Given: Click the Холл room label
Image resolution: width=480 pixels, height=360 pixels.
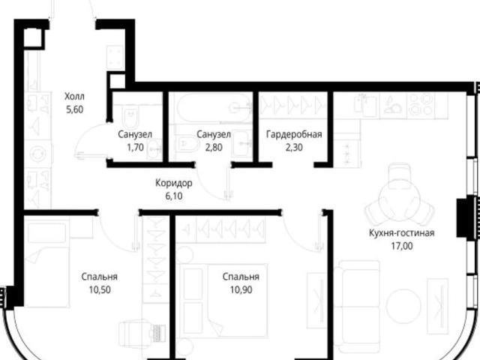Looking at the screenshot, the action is (x=74, y=97).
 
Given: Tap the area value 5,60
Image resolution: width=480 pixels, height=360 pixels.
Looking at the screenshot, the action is (x=75, y=109).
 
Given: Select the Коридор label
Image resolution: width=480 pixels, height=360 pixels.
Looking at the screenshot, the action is (x=174, y=183).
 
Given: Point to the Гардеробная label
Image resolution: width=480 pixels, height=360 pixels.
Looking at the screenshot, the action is (x=294, y=134).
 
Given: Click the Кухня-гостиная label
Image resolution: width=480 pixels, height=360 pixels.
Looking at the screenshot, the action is (x=402, y=233).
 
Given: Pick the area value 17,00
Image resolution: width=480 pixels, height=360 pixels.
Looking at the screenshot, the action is (x=402, y=246).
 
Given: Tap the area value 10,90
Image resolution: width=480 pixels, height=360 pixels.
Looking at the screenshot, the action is (x=241, y=289).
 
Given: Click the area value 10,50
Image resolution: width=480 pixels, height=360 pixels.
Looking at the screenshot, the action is (x=100, y=289).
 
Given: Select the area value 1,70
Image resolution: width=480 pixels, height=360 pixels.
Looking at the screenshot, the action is (x=135, y=148).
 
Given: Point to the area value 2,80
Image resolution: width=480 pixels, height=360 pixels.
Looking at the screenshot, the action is (x=214, y=148).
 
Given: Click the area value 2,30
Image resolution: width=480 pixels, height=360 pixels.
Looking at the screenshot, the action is (x=294, y=148).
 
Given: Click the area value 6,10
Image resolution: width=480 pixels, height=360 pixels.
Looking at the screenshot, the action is (x=174, y=196).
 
